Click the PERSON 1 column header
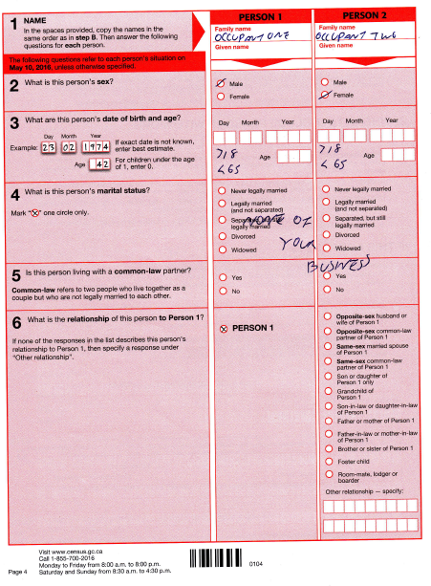[x=261, y=16]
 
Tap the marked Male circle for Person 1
[x=223, y=83]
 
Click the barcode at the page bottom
[x=217, y=562]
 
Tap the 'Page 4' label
[x=16, y=572]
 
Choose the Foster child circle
[x=329, y=460]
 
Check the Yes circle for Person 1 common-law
[x=223, y=276]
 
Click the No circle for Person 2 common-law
[x=329, y=289]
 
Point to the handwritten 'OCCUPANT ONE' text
[x=258, y=35]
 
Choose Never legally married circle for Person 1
[x=223, y=189]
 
